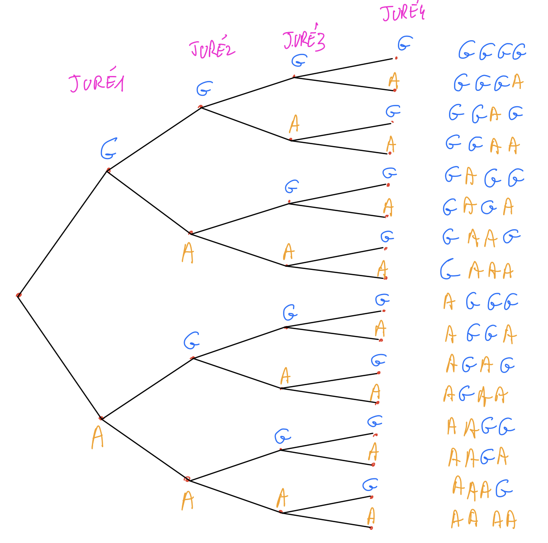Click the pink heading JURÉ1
(97, 83)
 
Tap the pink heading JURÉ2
(212, 49)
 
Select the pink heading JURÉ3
(304, 40)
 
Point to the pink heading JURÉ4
(403, 13)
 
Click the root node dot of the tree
(19, 295)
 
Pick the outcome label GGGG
(492, 52)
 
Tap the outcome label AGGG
(481, 302)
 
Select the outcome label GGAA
(482, 144)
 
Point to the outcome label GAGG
(484, 177)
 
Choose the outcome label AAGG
(481, 427)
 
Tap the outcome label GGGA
(488, 83)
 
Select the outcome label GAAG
(481, 237)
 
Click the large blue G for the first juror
(109, 149)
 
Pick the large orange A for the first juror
(97, 437)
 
